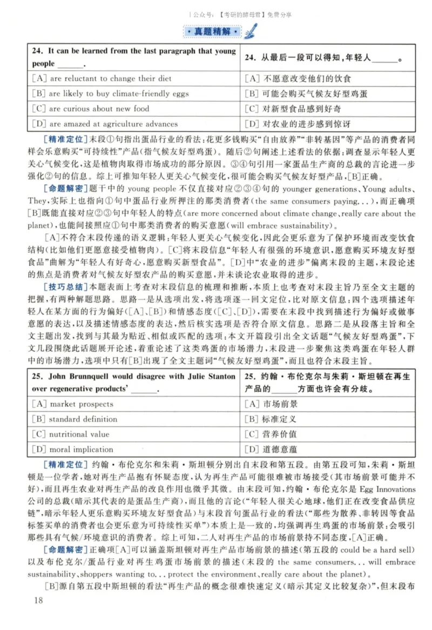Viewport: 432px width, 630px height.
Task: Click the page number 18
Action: point(37,600)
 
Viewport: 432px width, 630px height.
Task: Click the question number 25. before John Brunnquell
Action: point(37,376)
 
